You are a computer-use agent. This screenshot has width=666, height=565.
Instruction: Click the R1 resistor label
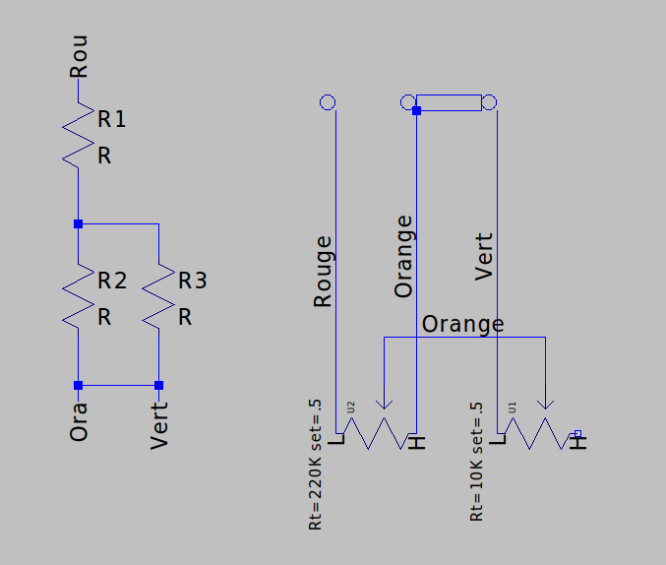[x=111, y=120]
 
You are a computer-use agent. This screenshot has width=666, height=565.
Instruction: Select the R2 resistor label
[x=111, y=282]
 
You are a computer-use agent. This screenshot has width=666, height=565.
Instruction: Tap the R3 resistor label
[x=192, y=282]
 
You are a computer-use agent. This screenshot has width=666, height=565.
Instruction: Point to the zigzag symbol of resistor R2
[x=78, y=295]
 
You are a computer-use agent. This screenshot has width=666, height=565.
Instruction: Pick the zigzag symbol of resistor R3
[x=158, y=295]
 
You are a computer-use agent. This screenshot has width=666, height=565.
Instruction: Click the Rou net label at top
[x=78, y=57]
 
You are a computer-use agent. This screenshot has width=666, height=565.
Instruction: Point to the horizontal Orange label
[x=462, y=324]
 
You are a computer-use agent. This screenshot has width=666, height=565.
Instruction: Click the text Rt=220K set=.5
[x=316, y=466]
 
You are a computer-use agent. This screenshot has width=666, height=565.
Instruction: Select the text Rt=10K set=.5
[x=477, y=462]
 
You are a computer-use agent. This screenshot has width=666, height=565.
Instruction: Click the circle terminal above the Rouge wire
[x=328, y=102]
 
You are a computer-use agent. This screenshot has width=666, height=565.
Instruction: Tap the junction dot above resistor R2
[x=78, y=224]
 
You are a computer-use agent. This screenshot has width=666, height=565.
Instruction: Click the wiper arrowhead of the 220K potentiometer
[x=384, y=404]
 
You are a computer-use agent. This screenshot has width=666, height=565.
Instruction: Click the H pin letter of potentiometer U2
[x=419, y=442]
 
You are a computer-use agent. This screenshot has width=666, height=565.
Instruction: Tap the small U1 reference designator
[x=512, y=405]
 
